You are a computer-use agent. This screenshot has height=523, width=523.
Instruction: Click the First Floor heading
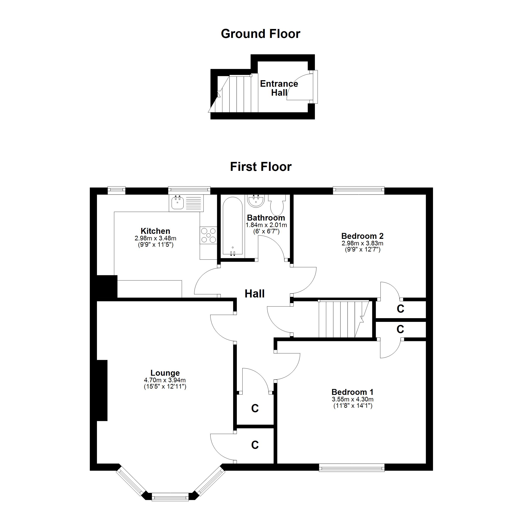(261, 167)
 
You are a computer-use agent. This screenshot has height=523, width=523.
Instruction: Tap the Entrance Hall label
(279, 88)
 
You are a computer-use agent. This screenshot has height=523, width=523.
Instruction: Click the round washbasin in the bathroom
(256, 201)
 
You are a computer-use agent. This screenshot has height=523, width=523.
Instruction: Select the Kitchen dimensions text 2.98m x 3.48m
(155, 238)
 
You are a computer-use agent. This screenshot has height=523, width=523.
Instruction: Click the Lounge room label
(165, 373)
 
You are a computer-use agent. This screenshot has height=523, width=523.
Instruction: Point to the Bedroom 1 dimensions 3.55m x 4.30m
(352, 399)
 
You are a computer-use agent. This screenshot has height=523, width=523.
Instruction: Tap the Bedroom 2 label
(362, 236)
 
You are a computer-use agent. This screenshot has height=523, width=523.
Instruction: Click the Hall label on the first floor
(255, 294)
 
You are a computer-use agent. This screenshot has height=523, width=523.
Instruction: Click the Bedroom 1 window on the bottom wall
(352, 468)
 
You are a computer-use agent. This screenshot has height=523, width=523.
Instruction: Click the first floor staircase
(344, 319)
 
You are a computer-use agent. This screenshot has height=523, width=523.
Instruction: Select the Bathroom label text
(266, 218)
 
